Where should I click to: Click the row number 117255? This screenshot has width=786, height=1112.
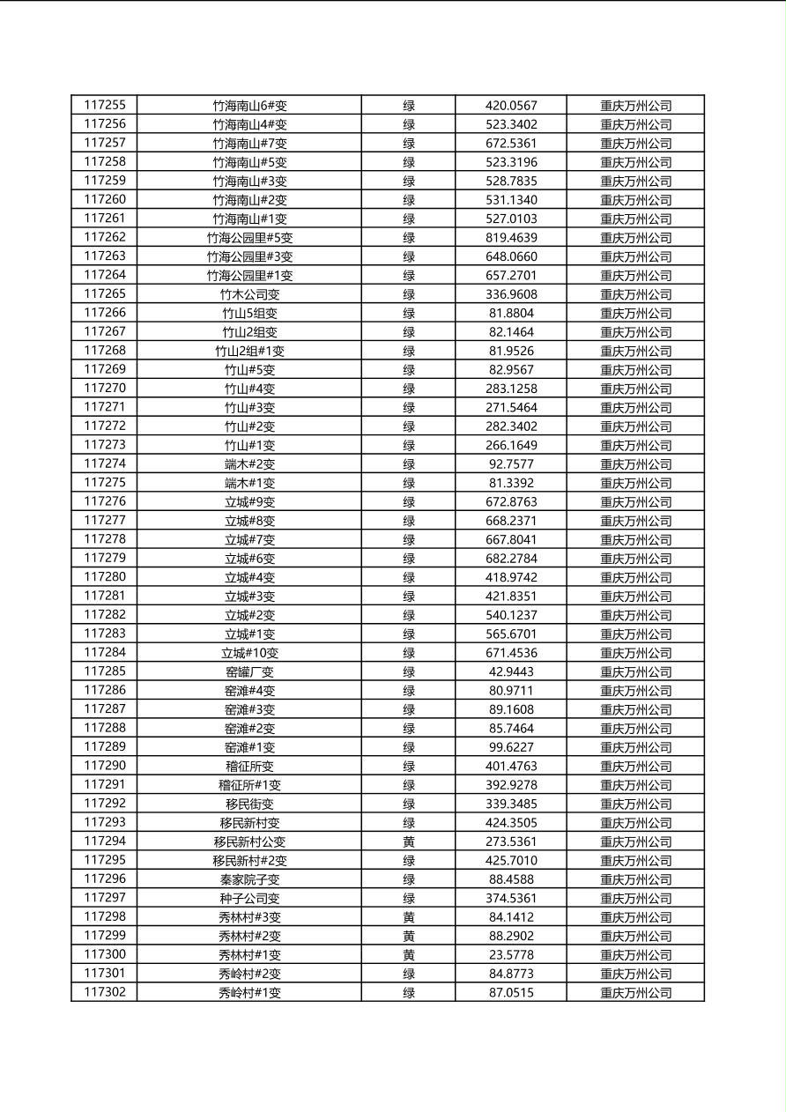click(105, 105)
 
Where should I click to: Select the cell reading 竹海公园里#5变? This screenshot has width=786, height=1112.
click(249, 237)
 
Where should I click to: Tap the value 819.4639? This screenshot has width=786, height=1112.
click(511, 237)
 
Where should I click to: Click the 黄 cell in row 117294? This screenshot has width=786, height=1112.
click(409, 841)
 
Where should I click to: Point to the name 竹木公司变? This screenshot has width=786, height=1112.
click(249, 294)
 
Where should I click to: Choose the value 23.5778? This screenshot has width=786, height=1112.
click(511, 954)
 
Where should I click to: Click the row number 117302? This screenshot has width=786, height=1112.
click(105, 992)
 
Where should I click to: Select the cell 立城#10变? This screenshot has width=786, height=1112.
click(249, 653)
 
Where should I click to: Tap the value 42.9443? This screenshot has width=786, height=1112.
click(511, 671)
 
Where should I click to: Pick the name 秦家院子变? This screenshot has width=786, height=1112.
click(249, 879)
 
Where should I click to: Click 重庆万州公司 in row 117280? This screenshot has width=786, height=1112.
click(635, 577)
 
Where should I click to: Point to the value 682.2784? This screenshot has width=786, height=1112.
click(511, 559)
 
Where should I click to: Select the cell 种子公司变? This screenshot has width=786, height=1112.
click(249, 898)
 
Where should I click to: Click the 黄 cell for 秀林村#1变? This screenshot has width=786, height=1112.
click(409, 954)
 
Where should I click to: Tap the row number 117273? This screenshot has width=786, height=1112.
click(105, 445)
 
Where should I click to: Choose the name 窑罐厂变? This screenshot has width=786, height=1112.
click(249, 671)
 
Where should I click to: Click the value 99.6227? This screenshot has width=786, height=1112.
click(511, 747)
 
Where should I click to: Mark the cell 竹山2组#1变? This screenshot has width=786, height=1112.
click(249, 351)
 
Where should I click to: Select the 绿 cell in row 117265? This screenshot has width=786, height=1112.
click(409, 294)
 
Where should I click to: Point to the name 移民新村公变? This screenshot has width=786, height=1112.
click(249, 841)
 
